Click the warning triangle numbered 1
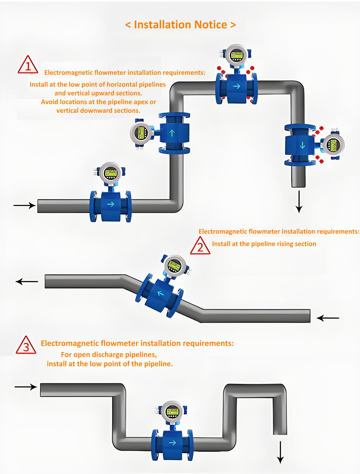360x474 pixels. (28, 65)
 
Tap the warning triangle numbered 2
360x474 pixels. (200, 246)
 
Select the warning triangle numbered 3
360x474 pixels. (26, 346)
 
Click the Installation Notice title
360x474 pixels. (180, 24)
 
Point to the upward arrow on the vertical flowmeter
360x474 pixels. (172, 133)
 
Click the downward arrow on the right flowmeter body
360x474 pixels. (302, 145)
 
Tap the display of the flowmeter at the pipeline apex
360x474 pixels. (237, 55)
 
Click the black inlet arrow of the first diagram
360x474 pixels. (24, 205)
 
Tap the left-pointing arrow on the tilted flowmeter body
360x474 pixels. (161, 293)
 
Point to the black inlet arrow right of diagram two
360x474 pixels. (328, 318)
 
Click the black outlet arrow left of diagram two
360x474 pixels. (27, 282)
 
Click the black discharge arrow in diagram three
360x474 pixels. (280, 452)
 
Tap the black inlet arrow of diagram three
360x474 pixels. (26, 387)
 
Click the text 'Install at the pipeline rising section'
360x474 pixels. (264, 244)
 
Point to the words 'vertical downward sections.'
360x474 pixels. (98, 111)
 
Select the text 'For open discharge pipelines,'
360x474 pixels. (109, 354)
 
